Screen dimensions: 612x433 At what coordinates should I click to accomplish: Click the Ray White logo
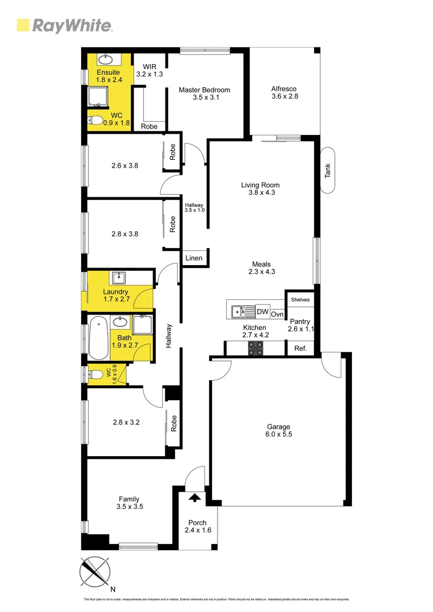tap(64, 25)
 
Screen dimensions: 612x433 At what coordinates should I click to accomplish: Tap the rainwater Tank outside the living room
tap(328, 171)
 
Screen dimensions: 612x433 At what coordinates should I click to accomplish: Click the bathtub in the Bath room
tap(99, 341)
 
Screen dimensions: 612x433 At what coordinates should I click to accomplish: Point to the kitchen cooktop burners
tap(256, 348)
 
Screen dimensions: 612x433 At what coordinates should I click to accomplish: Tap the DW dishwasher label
tap(262, 312)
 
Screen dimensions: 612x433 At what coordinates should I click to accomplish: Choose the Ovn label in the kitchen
tap(277, 314)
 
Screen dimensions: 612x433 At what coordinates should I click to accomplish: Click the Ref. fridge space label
tap(300, 348)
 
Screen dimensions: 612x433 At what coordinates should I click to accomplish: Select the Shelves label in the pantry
tap(300, 299)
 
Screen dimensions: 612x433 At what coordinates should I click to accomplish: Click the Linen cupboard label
tap(194, 258)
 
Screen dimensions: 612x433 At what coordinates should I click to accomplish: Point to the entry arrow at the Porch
tap(194, 498)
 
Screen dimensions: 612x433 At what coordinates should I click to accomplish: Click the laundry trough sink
tap(119, 278)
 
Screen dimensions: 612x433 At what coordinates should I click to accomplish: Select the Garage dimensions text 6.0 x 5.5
tap(279, 434)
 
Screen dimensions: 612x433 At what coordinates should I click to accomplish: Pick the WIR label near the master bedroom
tap(149, 66)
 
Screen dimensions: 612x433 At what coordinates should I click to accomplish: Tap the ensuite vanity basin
tap(106, 59)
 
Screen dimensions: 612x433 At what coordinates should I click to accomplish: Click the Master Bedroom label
tap(204, 90)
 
